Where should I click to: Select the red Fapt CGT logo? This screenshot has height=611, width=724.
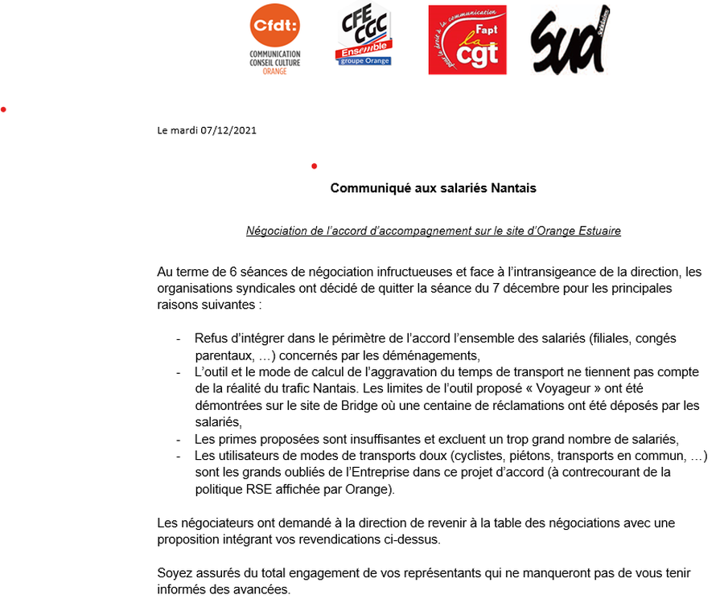pos(467,40)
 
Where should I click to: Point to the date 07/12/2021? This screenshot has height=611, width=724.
pos(230,129)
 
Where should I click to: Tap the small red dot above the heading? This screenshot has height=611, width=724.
pos(314,166)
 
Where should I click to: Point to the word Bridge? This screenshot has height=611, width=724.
pos(331,405)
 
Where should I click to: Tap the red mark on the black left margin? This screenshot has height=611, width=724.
pos(4,109)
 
